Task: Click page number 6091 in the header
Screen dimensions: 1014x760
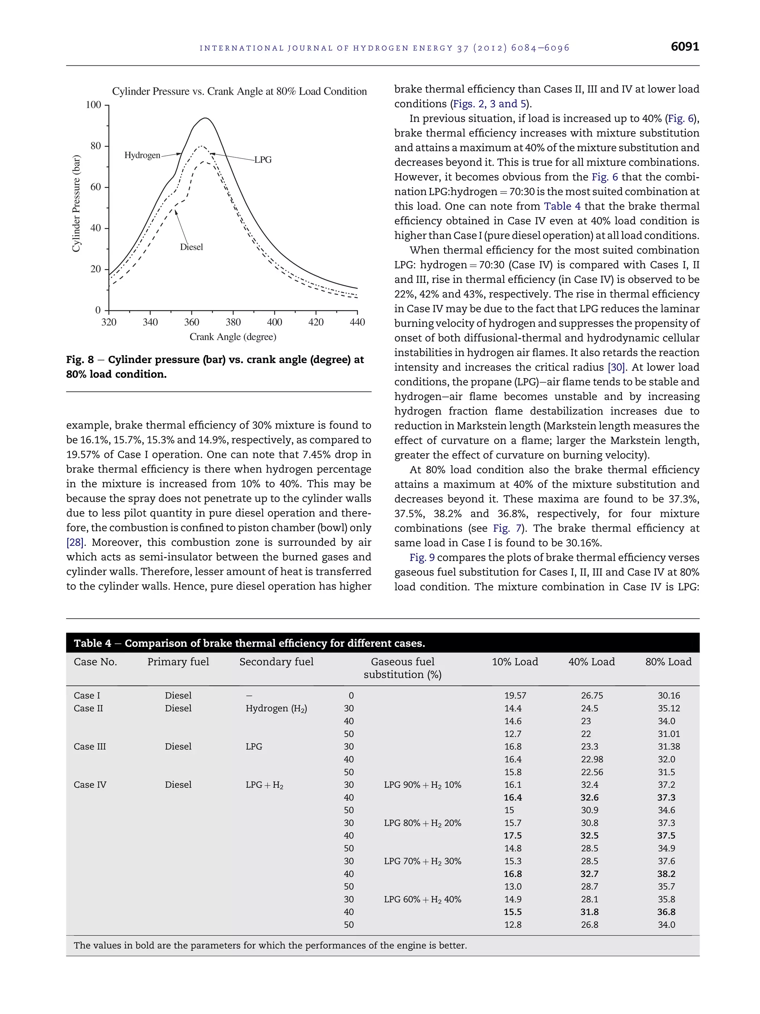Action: tap(684, 47)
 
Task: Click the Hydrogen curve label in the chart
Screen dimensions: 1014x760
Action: tap(142, 156)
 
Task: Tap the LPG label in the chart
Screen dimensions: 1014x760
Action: tap(263, 160)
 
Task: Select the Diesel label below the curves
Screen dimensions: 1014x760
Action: tap(191, 247)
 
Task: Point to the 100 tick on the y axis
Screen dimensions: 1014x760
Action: tap(94, 105)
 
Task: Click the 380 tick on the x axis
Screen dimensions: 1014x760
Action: tap(233, 322)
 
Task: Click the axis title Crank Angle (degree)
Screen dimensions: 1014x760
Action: tap(233, 337)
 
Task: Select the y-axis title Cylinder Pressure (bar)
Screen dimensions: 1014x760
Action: tap(76, 204)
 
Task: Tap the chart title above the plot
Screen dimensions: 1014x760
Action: tap(239, 91)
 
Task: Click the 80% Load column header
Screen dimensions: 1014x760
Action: tap(668, 662)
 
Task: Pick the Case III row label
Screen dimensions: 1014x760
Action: tap(90, 746)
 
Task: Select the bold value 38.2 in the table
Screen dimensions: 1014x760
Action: tap(666, 874)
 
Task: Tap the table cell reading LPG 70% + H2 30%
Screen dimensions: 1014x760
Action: tap(422, 861)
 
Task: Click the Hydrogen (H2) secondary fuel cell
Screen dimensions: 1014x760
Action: tap(276, 708)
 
